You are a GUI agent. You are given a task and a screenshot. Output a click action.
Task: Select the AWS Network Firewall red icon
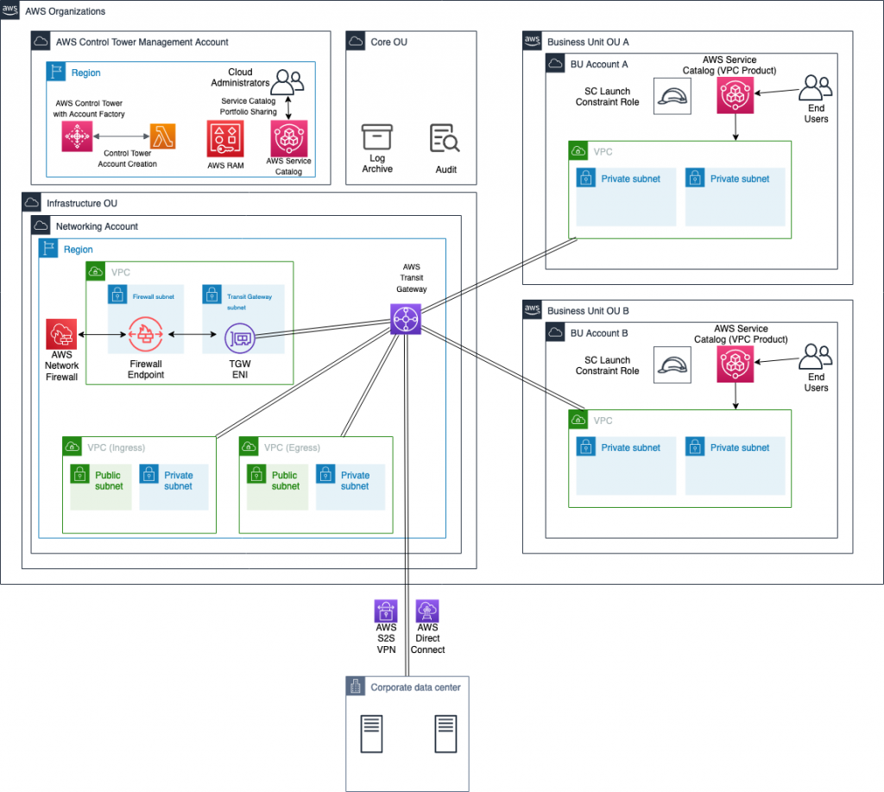[61, 333]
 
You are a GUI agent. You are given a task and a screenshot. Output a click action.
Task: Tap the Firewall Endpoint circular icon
[146, 334]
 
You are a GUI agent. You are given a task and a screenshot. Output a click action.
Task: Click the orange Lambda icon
[162, 136]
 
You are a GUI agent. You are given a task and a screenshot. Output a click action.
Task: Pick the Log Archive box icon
[377, 138]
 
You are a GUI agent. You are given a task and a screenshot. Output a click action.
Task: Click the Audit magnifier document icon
[445, 138]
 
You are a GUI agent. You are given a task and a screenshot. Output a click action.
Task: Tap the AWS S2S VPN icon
[386, 611]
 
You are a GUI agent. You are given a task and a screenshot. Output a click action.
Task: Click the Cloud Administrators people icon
[287, 81]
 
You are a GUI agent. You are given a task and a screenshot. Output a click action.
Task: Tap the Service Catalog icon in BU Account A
[735, 96]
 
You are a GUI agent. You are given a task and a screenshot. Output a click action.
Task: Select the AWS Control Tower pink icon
[77, 136]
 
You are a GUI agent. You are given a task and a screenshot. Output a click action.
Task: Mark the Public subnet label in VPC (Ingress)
[109, 481]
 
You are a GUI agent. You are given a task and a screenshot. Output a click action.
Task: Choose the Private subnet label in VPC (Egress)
[355, 481]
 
